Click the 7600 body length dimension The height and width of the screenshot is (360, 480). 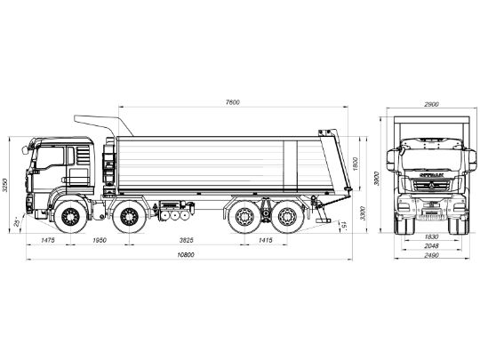(233, 101)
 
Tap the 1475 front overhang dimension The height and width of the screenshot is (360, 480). (48, 241)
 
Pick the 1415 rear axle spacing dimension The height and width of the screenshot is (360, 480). (265, 241)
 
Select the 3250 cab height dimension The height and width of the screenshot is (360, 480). (7, 183)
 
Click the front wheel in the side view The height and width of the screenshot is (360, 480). (68, 216)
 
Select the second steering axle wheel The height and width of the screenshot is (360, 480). (130, 216)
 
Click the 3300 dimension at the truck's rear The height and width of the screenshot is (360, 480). (364, 213)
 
